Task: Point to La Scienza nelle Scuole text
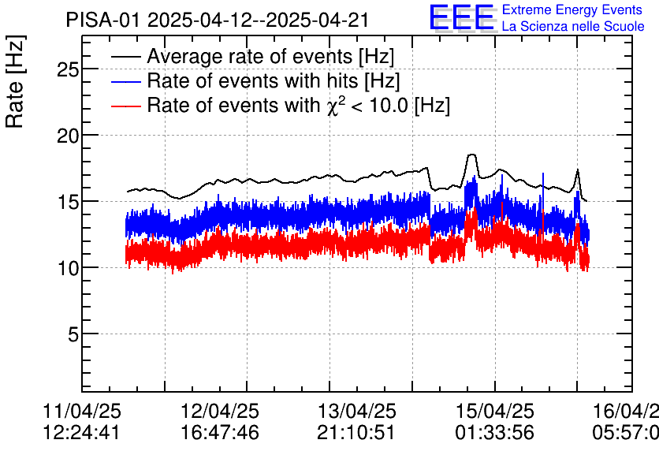573,26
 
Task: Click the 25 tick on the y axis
68,69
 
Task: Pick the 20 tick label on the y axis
68,136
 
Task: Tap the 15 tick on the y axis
68,202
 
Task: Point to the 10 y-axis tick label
68,268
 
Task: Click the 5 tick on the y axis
73,334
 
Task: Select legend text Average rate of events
270,57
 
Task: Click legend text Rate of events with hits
274,80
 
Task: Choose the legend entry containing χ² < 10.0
298,105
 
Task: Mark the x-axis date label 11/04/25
82,412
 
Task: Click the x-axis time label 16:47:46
221,432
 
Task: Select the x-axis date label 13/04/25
357,412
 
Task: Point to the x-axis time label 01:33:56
494,432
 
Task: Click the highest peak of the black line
471,155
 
